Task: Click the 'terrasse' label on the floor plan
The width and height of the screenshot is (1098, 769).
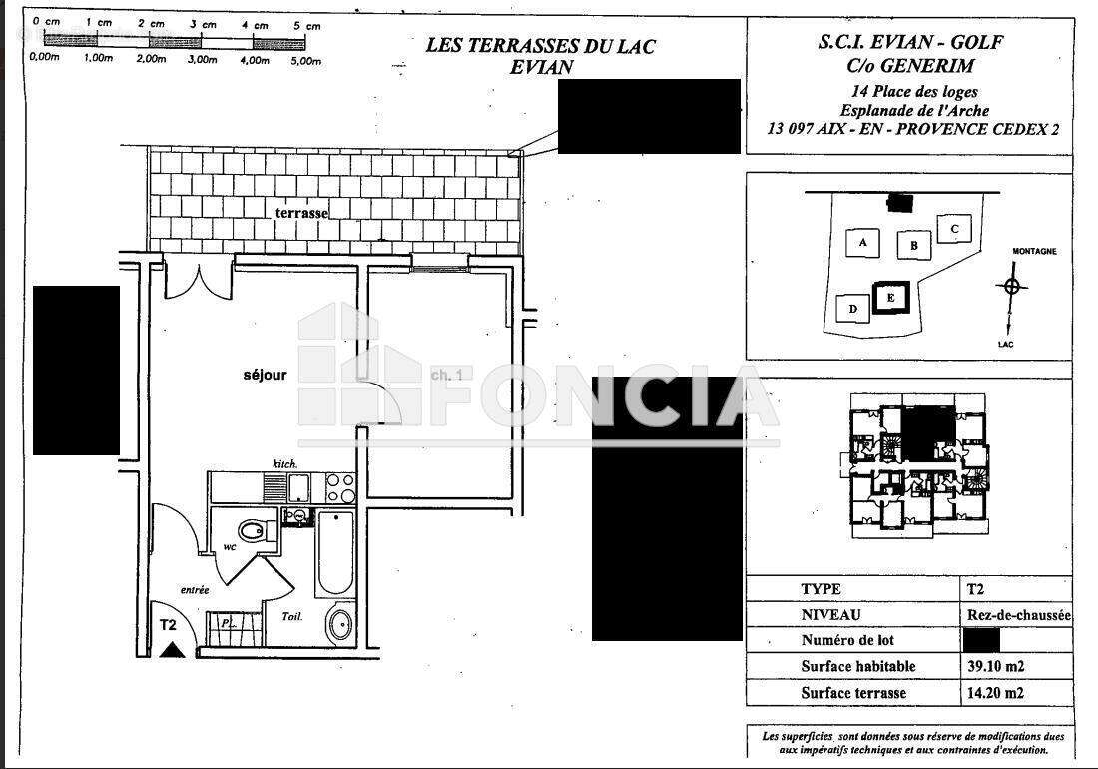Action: point(302,213)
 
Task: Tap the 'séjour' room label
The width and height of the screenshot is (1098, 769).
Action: point(265,375)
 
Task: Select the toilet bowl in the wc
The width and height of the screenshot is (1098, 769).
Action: point(254,530)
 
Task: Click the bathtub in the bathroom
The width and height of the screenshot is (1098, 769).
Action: point(335,554)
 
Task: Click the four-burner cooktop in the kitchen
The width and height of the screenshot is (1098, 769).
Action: point(340,488)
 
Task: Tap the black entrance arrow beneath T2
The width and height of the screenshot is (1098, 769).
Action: point(173,650)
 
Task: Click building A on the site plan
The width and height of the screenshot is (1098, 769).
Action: point(862,242)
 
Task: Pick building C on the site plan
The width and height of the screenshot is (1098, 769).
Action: point(954,229)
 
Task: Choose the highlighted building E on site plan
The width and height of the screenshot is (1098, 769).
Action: point(890,297)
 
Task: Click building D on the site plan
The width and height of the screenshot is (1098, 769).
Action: point(852,309)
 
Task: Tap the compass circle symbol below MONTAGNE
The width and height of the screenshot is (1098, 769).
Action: point(1013,286)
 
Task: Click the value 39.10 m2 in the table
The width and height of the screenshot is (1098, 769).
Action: point(995,666)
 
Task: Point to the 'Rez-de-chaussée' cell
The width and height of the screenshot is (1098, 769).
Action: point(1017,616)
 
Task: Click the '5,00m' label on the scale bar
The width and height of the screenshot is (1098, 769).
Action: point(306,60)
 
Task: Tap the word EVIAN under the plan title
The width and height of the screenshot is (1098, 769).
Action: point(541,68)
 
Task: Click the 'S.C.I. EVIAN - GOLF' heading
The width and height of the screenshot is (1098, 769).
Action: point(909,43)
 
